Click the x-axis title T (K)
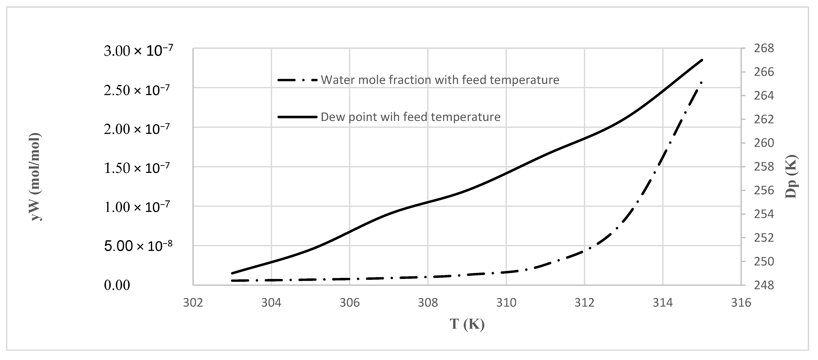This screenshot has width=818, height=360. pos(467,324)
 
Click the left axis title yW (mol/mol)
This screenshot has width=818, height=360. pos(36,176)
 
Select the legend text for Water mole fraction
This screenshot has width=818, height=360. pos(440,80)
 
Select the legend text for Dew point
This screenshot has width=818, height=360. pos(410,117)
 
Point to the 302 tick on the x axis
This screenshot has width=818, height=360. pos(193,302)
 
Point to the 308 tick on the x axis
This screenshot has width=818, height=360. pos(428,302)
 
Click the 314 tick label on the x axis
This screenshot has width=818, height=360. pos(663,302)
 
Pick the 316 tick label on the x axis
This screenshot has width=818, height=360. pos(741,302)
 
